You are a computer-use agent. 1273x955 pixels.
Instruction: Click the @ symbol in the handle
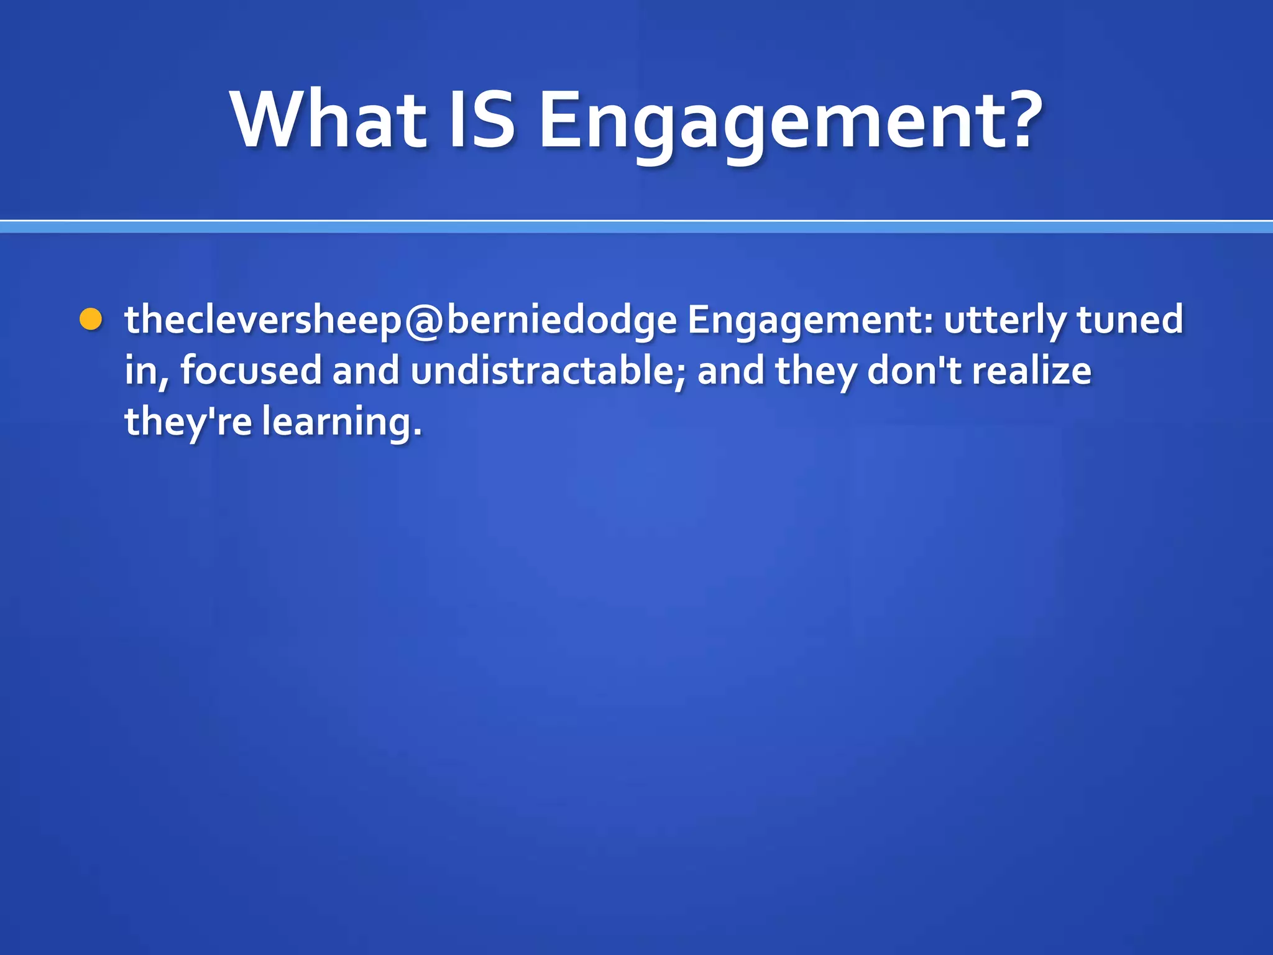[424, 321]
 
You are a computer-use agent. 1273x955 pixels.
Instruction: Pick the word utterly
[1004, 321]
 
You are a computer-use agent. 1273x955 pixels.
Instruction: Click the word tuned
[1129, 320]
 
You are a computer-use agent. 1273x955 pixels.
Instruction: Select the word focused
[250, 371]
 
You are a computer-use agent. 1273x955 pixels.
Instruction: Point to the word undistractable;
[548, 371]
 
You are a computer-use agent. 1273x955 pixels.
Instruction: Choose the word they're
[188, 422]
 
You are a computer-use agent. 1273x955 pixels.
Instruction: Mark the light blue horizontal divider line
[636, 227]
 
